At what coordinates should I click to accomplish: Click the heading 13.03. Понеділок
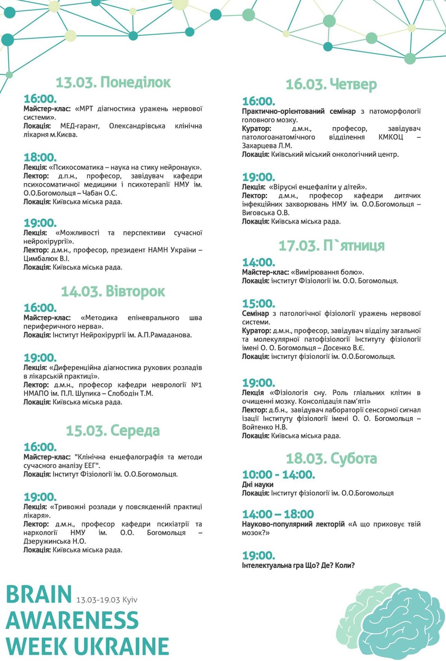tap(113, 82)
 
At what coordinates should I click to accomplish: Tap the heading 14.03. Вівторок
tap(113, 291)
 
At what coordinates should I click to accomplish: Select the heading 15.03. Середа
tap(113, 430)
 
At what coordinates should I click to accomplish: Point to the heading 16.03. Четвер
tap(331, 84)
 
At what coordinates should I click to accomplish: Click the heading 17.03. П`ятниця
tap(331, 245)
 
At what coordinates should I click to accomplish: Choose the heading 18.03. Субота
tap(331, 458)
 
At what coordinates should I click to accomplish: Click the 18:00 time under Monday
tap(40, 157)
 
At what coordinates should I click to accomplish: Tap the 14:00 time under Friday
tap(259, 262)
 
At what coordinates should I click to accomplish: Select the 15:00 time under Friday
tap(259, 304)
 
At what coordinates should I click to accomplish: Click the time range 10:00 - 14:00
tap(278, 475)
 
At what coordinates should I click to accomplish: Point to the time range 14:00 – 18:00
tap(278, 514)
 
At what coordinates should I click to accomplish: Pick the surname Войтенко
tap(257, 427)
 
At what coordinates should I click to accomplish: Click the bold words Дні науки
tap(257, 484)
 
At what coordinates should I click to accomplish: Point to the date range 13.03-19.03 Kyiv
tap(107, 600)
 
